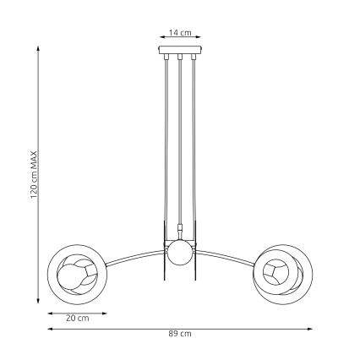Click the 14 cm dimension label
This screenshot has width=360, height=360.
pyautogui.click(x=180, y=33)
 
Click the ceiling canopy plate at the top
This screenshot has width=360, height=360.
pyautogui.click(x=180, y=52)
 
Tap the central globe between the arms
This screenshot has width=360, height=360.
pyautogui.click(x=179, y=252)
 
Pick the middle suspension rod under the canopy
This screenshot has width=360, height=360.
pyautogui.click(x=180, y=144)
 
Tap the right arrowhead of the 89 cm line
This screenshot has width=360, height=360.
pyautogui.click(x=312, y=328)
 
